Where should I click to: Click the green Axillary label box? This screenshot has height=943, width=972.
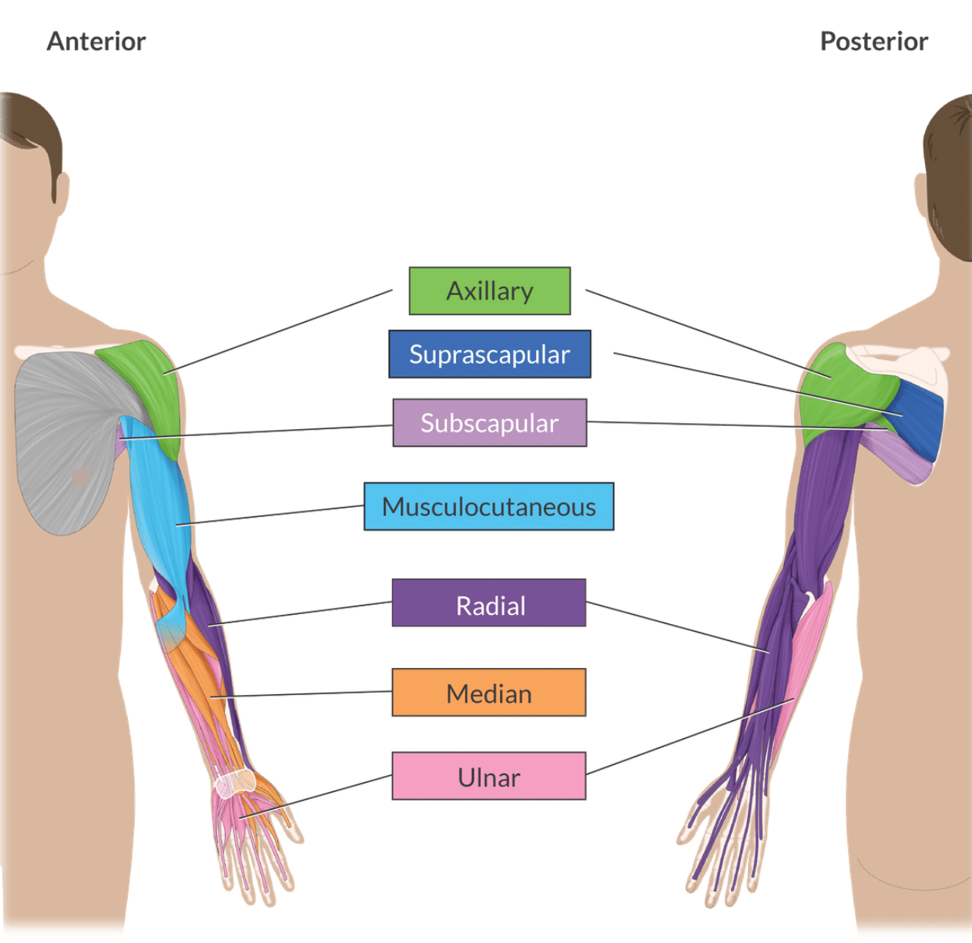tap(489, 291)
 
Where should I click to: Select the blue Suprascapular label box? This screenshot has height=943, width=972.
tap(489, 354)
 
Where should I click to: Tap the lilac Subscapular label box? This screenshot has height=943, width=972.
tap(489, 423)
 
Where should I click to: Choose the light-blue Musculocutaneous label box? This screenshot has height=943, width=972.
tap(489, 507)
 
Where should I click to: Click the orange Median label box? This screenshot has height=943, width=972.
tap(489, 693)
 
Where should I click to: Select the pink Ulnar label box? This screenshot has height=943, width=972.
tap(489, 777)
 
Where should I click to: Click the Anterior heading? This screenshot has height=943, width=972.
tap(96, 41)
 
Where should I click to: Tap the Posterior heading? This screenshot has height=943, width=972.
tap(873, 41)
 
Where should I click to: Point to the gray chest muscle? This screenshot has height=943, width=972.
tap(62, 439)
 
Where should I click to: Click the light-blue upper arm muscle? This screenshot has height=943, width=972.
tap(162, 501)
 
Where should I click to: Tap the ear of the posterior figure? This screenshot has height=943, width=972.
tap(921, 196)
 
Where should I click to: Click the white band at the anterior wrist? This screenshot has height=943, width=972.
tap(235, 784)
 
